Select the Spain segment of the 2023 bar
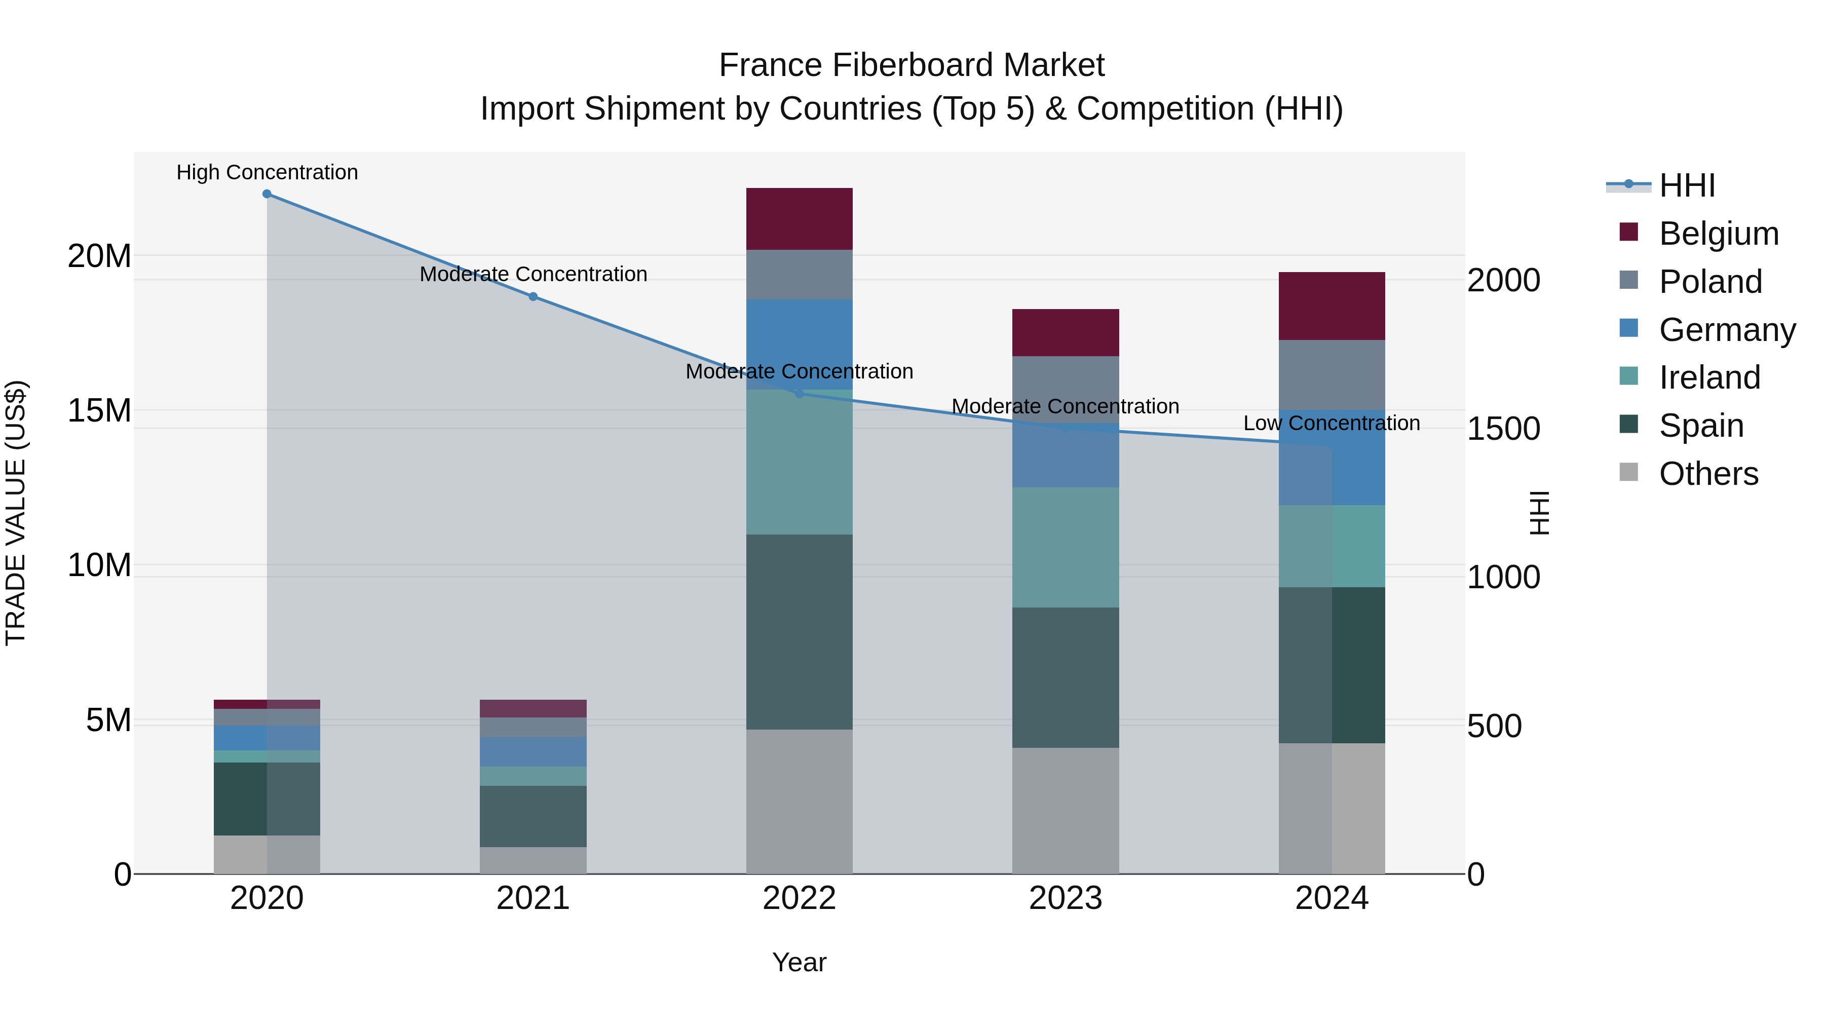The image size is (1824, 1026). [1065, 677]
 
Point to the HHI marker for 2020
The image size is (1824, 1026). [267, 194]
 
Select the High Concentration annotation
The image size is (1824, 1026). [267, 172]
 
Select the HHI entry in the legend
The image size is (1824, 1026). [1687, 185]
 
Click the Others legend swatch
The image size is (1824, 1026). [1628, 472]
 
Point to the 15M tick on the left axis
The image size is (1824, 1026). [99, 410]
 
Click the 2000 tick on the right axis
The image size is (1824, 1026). [1503, 280]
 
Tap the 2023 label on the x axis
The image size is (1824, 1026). [1065, 898]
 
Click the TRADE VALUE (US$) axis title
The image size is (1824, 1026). [16, 513]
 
